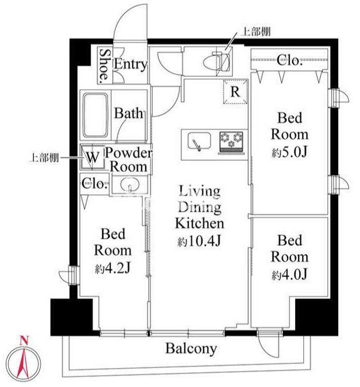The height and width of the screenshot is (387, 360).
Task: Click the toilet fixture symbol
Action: [217, 61]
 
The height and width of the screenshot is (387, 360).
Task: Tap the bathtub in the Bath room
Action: [95, 115]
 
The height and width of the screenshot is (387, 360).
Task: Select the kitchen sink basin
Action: [199, 141]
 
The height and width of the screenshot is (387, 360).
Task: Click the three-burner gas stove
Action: [231, 142]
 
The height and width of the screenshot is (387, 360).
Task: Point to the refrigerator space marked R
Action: [235, 92]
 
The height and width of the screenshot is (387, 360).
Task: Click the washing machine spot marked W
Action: [93, 157]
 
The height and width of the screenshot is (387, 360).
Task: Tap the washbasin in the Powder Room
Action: [130, 184]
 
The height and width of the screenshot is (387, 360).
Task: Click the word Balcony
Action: [191, 349]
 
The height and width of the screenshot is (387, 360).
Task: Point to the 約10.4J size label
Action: [199, 241]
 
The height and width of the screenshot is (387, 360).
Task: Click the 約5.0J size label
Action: [289, 152]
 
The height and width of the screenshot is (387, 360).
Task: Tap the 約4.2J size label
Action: [113, 268]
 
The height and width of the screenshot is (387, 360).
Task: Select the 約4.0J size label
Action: [290, 275]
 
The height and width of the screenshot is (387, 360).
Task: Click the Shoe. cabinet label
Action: [104, 66]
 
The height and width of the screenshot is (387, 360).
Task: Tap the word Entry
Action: [130, 64]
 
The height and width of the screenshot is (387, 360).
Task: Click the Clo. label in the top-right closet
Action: [289, 60]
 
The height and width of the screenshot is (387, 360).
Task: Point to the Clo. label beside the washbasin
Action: [95, 184]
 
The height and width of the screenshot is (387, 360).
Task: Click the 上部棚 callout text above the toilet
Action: [256, 31]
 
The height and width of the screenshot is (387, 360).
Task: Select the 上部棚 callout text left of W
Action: [44, 158]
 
